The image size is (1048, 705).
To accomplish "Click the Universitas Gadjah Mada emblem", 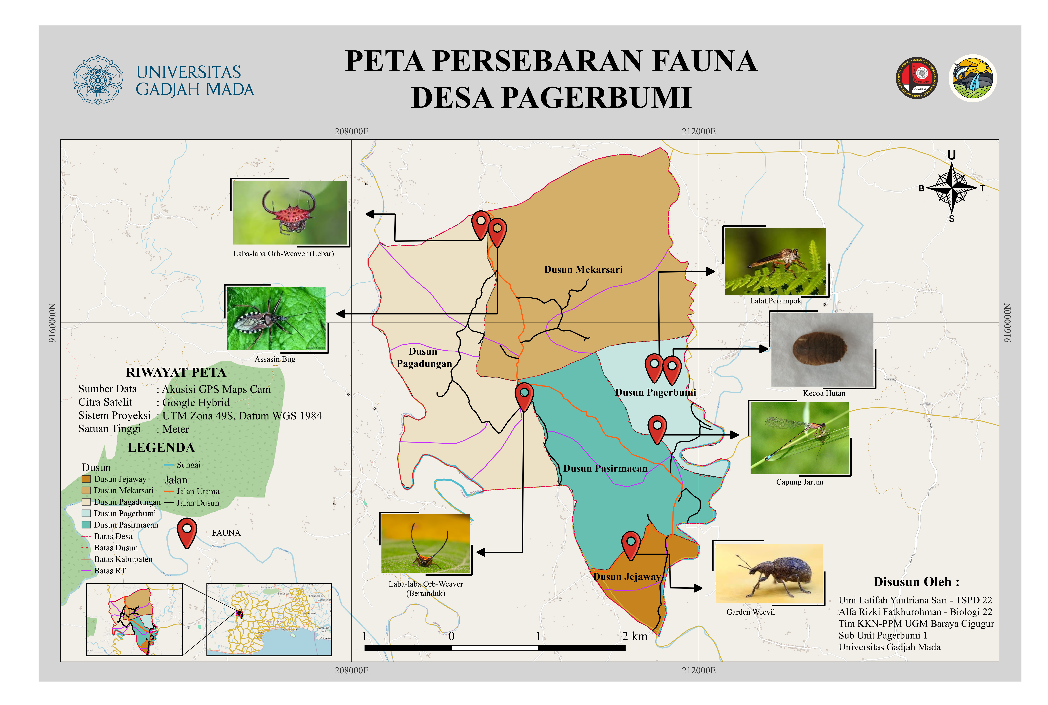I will point(98,80).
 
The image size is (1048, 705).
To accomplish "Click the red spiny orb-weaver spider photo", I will point(290,212).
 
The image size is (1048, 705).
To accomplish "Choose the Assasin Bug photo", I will point(275,318).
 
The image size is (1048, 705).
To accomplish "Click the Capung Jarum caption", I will point(799,482).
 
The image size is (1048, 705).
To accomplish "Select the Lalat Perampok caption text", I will point(775,301).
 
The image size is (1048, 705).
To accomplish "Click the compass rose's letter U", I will point(951,155).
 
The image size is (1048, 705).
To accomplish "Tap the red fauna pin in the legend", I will point(187,532).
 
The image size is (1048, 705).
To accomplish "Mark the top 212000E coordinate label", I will point(698,131).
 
